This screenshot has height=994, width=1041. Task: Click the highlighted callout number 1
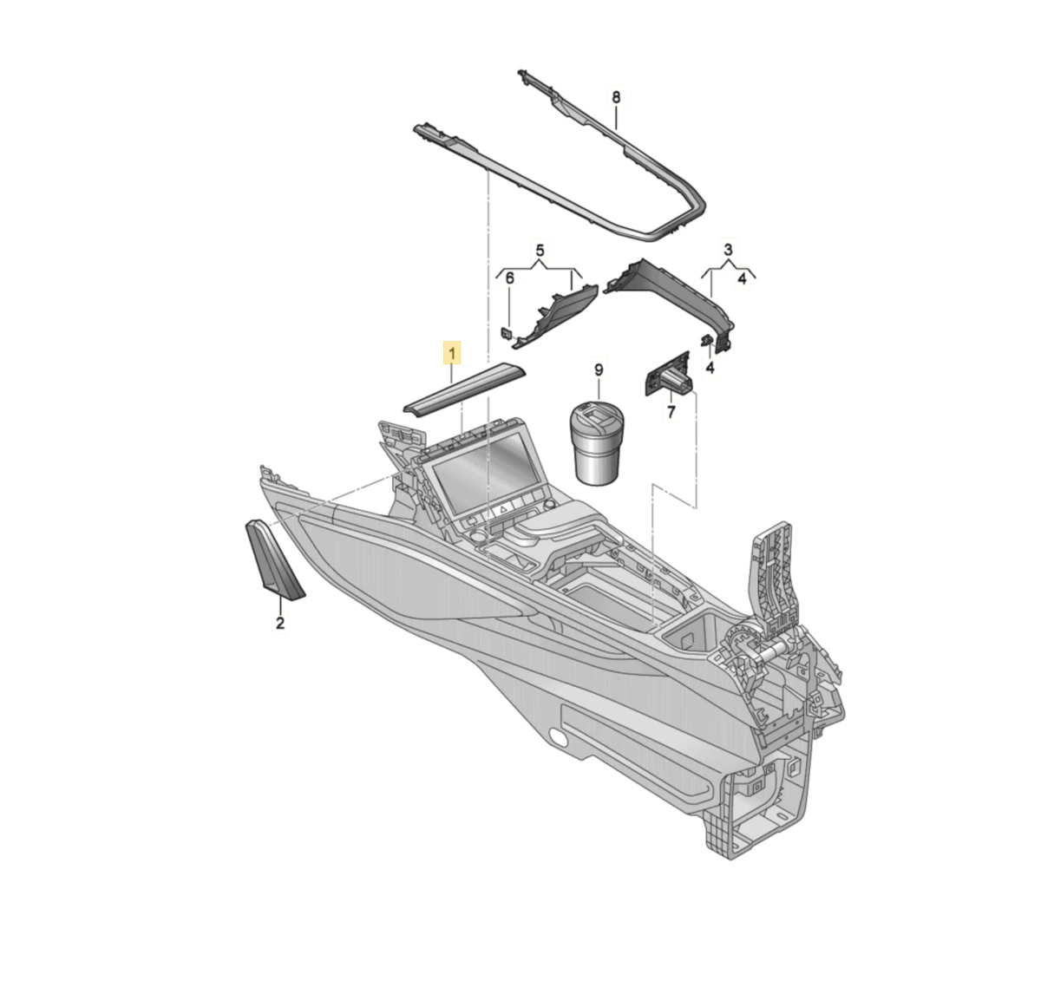point(452,354)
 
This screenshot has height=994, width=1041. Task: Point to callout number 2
point(280,622)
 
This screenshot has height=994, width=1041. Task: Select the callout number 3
point(728,249)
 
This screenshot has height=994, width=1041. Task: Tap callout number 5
point(540,250)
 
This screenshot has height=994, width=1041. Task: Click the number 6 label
point(510,278)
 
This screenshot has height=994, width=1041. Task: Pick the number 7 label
point(671,411)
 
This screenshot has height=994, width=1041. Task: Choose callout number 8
point(616,97)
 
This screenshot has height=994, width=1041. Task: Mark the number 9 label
point(599,369)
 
